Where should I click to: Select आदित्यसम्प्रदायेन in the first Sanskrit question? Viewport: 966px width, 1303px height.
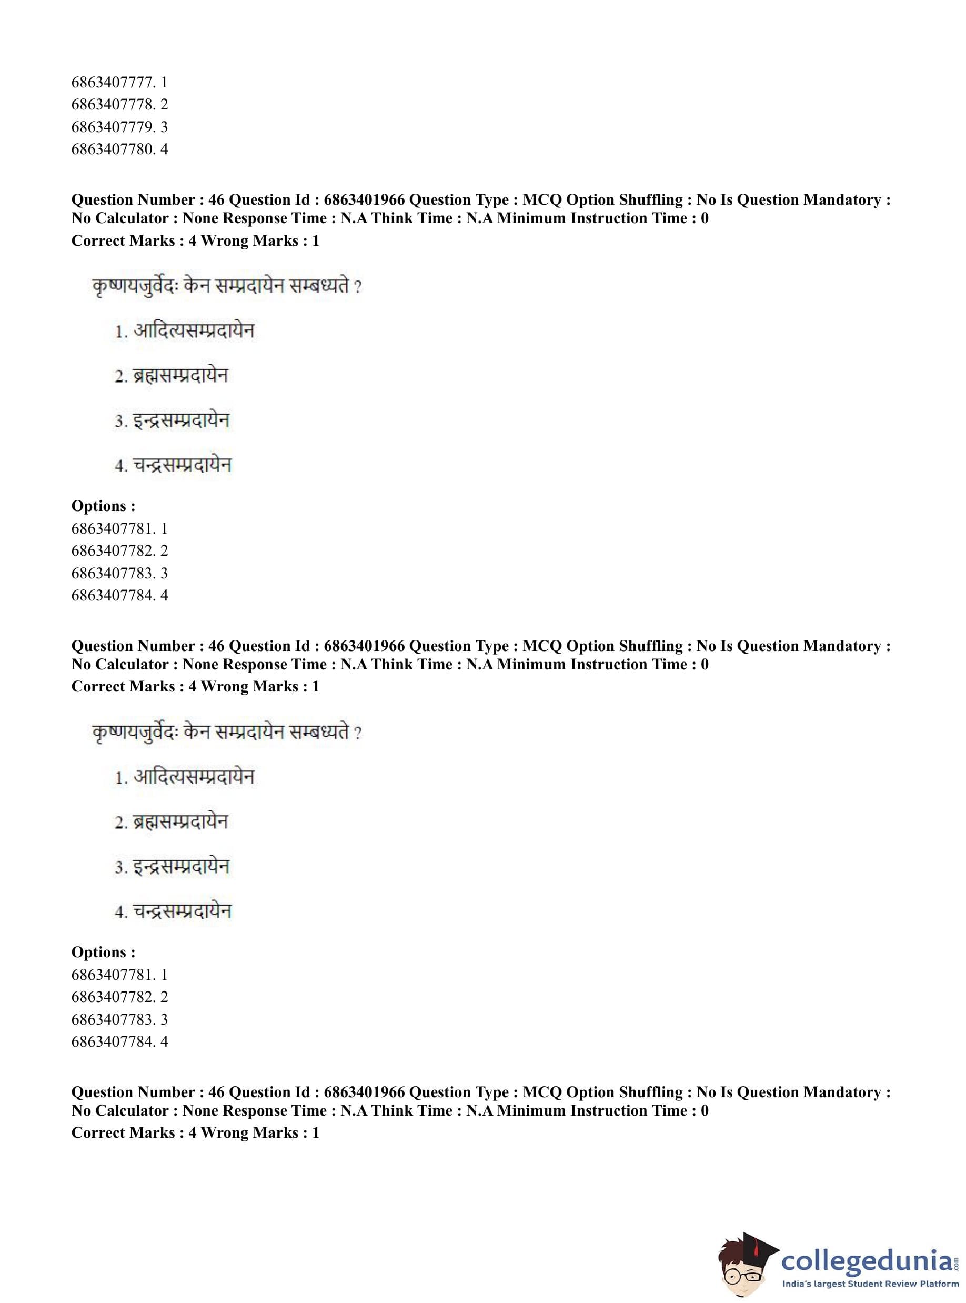(194, 331)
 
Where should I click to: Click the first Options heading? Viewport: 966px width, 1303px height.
(103, 506)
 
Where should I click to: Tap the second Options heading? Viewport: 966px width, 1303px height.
(103, 952)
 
